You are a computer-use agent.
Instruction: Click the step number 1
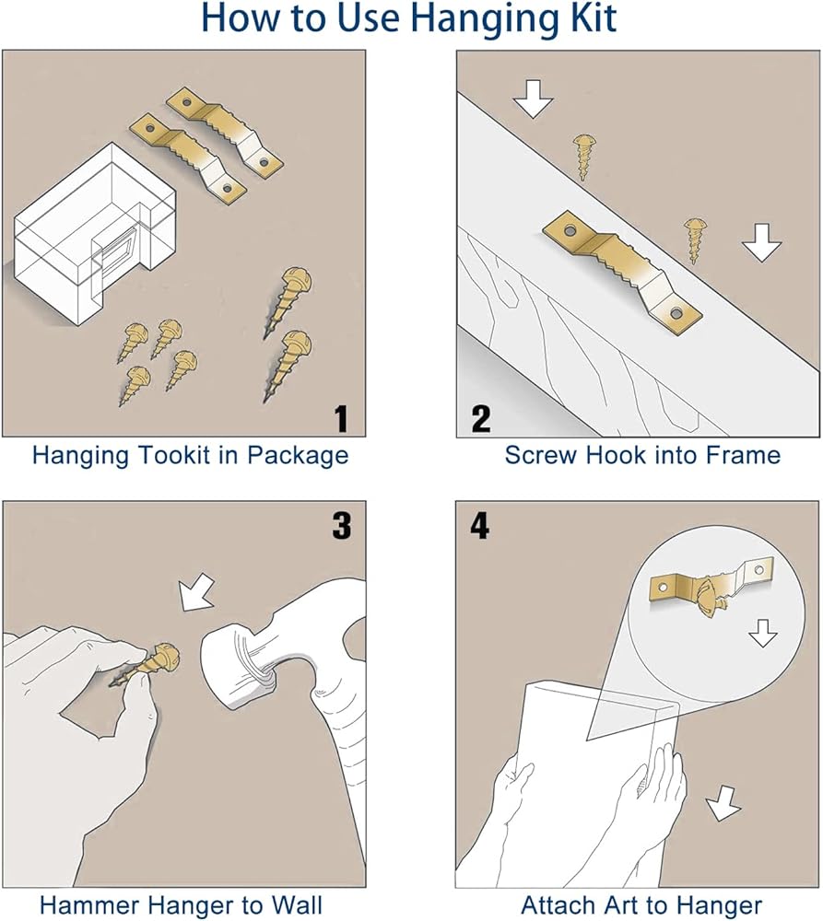point(342,419)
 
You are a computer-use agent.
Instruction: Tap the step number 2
point(481,419)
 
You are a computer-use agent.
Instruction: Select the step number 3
point(342,525)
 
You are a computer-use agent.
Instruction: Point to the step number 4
point(479,525)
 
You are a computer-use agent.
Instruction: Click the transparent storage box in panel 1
point(94,234)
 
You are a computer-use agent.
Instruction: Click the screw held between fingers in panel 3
point(146,665)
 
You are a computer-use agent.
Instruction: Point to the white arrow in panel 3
point(197,592)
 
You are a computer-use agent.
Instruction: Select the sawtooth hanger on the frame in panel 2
point(622,274)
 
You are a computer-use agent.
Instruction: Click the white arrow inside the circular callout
point(763,634)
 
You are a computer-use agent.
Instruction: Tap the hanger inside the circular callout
point(711,585)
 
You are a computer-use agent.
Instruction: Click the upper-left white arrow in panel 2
point(534,99)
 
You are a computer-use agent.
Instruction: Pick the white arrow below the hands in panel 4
point(723,802)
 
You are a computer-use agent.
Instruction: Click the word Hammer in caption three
point(86,904)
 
